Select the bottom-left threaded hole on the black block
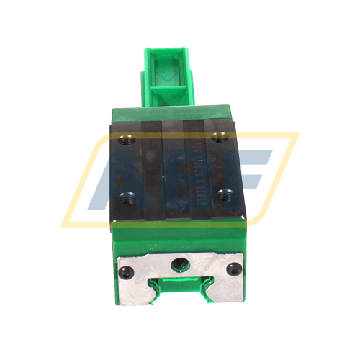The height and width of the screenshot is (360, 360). (129, 194)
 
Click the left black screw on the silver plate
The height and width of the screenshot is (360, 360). (127, 271)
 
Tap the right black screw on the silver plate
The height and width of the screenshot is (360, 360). (231, 269)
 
